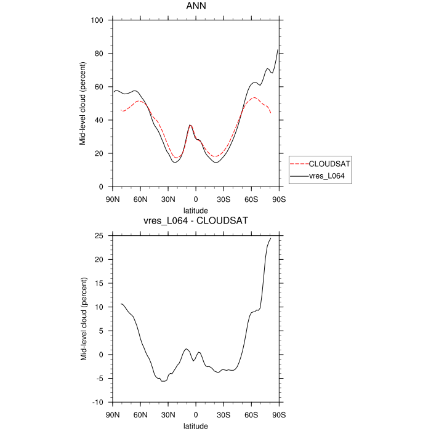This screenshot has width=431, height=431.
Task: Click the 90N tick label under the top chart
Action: (112, 198)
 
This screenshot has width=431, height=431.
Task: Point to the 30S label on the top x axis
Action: (224, 198)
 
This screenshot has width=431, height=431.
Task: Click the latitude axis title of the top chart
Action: (196, 210)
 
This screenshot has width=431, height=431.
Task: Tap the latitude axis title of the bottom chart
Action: (196, 425)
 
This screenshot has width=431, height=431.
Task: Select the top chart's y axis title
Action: (82, 103)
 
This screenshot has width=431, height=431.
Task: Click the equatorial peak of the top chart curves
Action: (190, 125)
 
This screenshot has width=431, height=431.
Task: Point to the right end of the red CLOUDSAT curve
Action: (270, 113)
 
